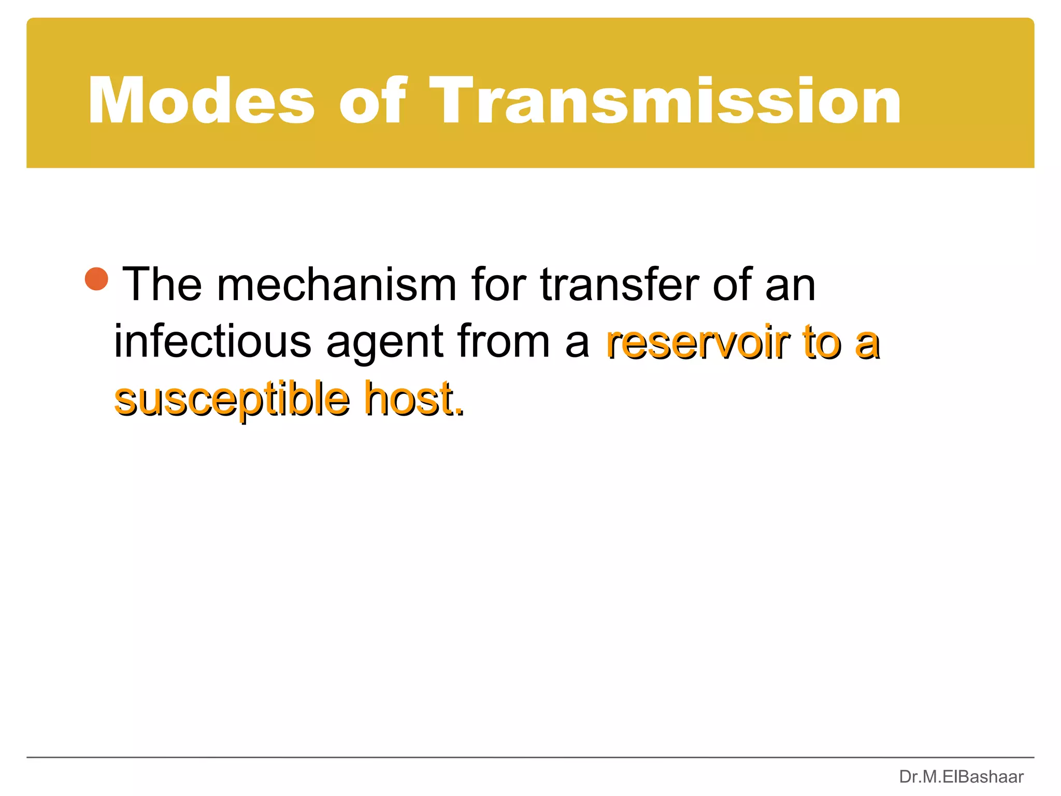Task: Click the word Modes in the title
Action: coord(201,101)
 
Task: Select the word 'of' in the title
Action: coord(372,101)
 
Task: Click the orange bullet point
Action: coord(97,279)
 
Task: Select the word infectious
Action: coord(212,342)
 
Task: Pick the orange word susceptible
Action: coord(232,400)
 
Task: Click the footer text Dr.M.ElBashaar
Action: coord(961,777)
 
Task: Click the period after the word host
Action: coord(460,413)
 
